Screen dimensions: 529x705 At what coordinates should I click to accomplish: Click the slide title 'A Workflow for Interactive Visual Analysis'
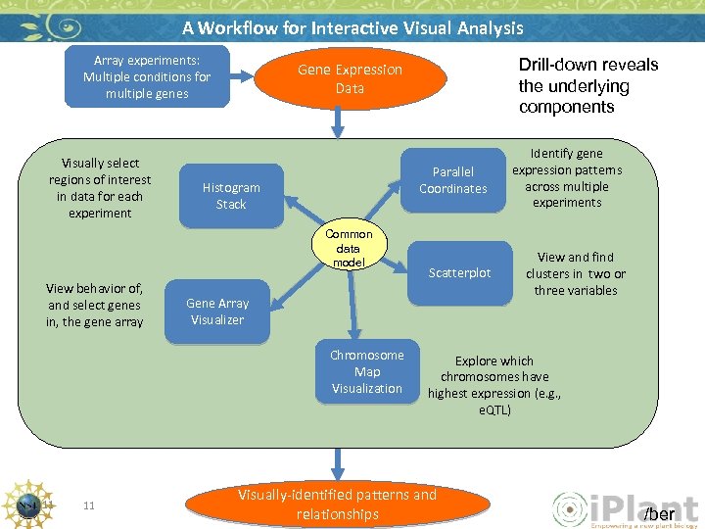[x=352, y=28]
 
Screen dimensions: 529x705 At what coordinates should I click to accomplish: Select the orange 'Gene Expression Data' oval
[x=350, y=78]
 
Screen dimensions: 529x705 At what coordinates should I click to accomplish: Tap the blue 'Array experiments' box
[x=146, y=77]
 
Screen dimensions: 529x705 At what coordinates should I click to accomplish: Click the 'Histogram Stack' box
[x=231, y=196]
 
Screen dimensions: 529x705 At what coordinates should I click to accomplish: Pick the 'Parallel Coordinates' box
[x=452, y=180]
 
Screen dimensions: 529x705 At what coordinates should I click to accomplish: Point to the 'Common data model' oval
[x=349, y=249]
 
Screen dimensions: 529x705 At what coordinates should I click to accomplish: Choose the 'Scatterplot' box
[x=459, y=273]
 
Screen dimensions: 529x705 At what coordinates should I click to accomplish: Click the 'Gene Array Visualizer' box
[x=217, y=312]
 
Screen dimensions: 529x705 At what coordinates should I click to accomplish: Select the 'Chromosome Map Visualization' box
[x=366, y=372]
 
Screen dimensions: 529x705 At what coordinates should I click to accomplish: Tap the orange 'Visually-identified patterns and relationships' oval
[x=337, y=504]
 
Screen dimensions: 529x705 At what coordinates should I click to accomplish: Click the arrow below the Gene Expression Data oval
[x=339, y=120]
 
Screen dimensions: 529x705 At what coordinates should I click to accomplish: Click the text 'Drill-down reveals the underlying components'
[x=587, y=86]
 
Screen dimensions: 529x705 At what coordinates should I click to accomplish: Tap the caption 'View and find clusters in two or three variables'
[x=576, y=273]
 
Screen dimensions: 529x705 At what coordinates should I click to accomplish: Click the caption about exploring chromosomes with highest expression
[x=494, y=385]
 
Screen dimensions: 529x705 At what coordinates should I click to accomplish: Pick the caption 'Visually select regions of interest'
[x=100, y=187]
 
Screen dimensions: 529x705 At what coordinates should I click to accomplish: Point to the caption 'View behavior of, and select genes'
[x=94, y=305]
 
